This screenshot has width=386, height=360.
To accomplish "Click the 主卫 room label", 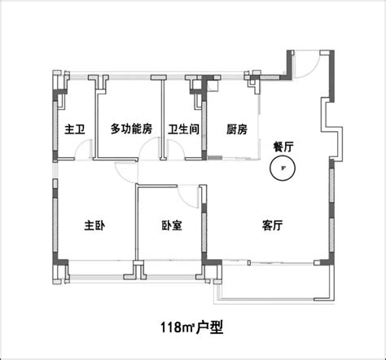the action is click(x=75, y=130).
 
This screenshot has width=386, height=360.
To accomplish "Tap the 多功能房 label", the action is click(x=131, y=129).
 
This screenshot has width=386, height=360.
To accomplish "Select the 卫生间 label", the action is click(x=184, y=130).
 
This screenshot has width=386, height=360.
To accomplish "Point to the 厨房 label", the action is click(x=237, y=130).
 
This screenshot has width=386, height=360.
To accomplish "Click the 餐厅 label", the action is click(x=283, y=147).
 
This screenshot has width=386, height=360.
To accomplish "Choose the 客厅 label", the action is click(x=273, y=226).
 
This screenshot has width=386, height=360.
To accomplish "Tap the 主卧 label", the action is click(x=94, y=226).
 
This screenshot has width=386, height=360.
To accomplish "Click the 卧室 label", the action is click(x=172, y=226).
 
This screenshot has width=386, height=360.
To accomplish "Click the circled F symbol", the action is click(x=283, y=168).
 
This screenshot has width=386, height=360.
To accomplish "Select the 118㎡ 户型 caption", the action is click(x=192, y=327).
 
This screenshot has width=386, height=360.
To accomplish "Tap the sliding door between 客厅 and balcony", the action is click(x=267, y=262).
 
